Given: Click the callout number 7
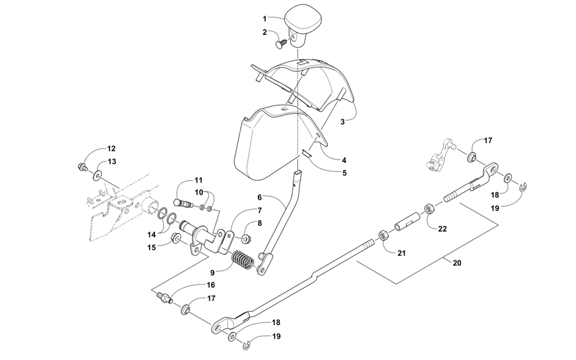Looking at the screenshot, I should [x=260, y=210].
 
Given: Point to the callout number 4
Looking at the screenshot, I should [x=343, y=160].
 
